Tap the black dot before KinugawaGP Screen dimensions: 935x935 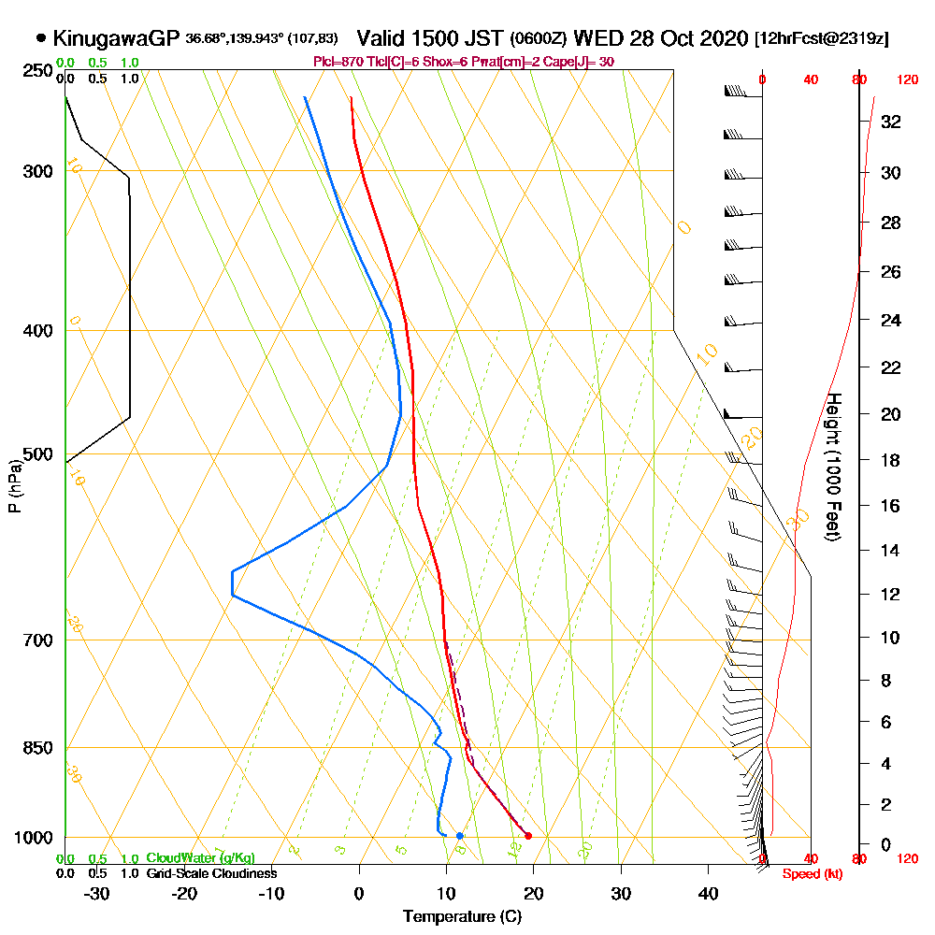point(41,38)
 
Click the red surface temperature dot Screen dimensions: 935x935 point(528,836)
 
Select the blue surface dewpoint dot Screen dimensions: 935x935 point(459,835)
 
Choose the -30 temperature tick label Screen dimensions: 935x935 point(97,893)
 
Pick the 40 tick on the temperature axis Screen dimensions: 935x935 point(708,893)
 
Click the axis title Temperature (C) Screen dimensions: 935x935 point(462,917)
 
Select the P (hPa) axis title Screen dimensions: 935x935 point(15,485)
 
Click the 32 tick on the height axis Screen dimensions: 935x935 point(890,122)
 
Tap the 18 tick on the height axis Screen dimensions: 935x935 point(890,460)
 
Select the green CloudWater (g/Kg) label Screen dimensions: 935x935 point(200,858)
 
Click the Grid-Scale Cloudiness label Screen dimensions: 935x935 point(211,873)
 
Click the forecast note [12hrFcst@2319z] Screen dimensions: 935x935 point(821,39)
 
